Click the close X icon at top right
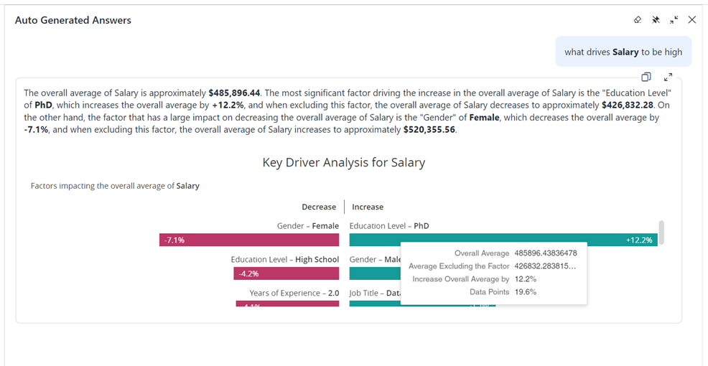pos(691,20)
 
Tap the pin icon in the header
pos(656,20)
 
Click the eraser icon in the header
pos(638,20)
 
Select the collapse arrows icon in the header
pos(674,20)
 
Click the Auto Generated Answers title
pos(73,21)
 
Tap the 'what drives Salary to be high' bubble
pos(623,52)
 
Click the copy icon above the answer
pos(646,77)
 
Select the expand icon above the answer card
pos(668,77)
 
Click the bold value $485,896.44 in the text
pos(234,93)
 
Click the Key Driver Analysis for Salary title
pos(344,163)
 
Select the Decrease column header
pos(319,207)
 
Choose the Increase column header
pos(368,207)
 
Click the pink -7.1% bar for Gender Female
pos(249,240)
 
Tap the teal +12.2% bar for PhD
pos(503,240)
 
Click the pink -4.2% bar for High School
pos(286,273)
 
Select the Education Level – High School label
pos(285,259)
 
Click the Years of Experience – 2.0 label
pos(294,293)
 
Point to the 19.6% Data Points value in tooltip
pos(526,292)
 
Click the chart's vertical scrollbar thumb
pos(661,232)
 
